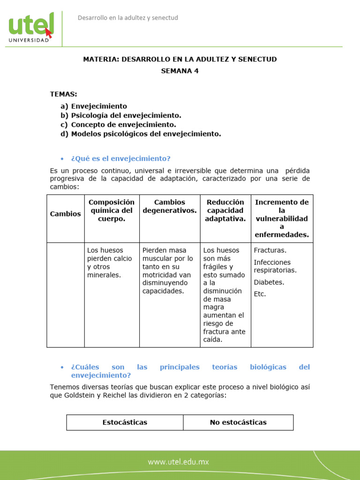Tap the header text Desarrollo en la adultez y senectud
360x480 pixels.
pos(127,18)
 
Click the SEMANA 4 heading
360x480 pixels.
pos(180,71)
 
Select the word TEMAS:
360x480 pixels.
pos(63,94)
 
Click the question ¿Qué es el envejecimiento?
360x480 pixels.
pos(120,158)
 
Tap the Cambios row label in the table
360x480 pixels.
pos(65,214)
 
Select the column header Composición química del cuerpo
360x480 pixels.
pos(112,210)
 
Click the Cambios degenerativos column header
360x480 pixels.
pos(170,206)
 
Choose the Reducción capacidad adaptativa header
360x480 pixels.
pos(225,210)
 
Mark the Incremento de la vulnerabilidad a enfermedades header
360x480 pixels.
pos(281,218)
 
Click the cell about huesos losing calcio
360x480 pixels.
pos(110,262)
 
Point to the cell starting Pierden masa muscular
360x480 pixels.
pos(168,270)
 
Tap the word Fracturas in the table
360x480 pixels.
pos(270,250)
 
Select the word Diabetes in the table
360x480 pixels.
pos(269,282)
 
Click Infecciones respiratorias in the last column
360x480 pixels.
pos(275,266)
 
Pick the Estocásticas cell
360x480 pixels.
pos(125,422)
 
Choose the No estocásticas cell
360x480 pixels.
pos(238,422)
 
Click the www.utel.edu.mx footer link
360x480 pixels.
pos(179,462)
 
